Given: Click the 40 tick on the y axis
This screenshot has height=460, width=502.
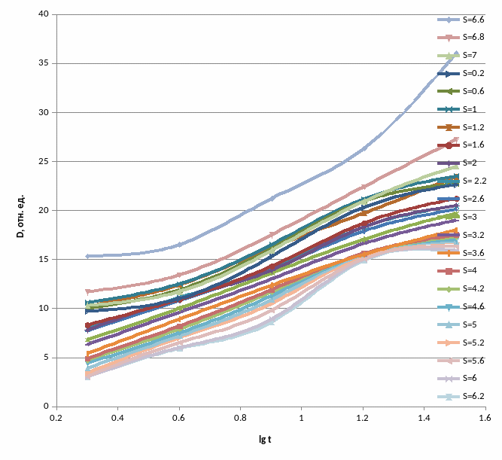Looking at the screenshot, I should click(44, 15).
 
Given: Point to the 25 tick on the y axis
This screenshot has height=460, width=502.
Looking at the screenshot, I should click(44, 162).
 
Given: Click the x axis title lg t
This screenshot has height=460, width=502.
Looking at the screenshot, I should click(265, 438).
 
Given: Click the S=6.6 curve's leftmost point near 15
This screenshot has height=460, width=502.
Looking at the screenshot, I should click(87, 256).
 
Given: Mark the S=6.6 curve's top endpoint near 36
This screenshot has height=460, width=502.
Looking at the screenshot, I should click(455, 54).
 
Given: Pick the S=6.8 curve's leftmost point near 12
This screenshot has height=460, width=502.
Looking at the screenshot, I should click(87, 291).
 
